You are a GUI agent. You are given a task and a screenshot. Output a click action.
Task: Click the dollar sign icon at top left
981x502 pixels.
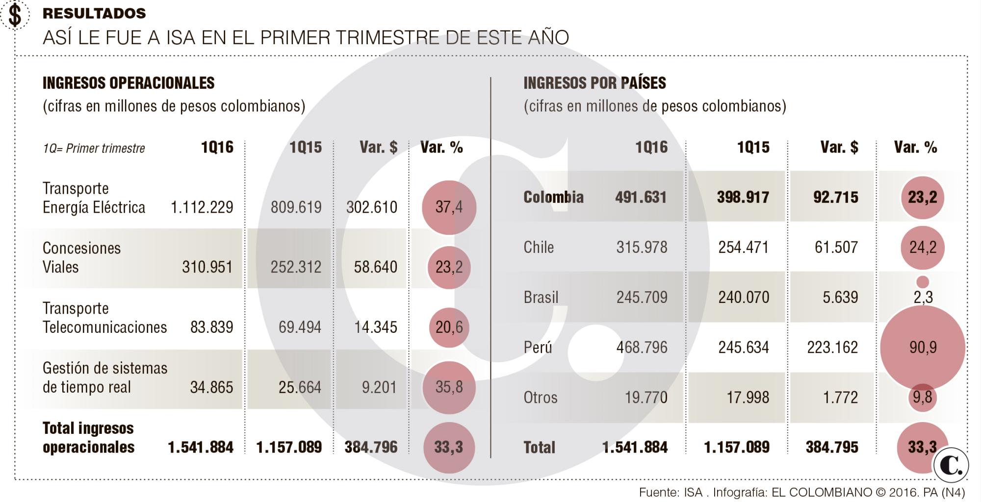(x=15, y=14)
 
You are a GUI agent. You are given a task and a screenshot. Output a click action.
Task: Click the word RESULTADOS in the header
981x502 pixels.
(x=94, y=13)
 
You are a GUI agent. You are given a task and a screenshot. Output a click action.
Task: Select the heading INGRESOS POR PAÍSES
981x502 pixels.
(x=594, y=83)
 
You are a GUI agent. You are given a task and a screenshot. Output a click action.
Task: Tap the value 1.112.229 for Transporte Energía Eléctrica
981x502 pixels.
(x=202, y=207)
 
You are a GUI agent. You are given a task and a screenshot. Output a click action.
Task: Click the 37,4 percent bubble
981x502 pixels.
(x=449, y=207)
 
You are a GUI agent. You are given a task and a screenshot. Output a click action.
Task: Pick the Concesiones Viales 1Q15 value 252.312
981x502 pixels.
(x=296, y=267)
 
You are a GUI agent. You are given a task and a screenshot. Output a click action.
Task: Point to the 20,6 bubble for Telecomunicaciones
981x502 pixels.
(x=449, y=327)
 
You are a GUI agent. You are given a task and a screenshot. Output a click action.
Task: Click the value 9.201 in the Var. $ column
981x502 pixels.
(x=379, y=387)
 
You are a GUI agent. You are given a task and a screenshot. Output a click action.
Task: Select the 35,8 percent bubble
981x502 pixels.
(x=449, y=387)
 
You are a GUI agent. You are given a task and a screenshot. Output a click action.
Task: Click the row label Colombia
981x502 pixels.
(x=553, y=197)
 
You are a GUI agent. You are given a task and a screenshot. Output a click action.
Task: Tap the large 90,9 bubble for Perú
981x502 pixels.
(x=923, y=347)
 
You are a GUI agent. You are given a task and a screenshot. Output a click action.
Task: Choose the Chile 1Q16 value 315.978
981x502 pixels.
(x=642, y=247)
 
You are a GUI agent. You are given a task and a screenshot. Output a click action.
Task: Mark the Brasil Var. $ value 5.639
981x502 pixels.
(x=840, y=297)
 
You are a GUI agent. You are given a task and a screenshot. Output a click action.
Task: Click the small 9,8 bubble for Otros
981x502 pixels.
(x=922, y=397)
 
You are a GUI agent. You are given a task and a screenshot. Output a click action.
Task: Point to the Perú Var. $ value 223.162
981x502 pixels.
(x=832, y=347)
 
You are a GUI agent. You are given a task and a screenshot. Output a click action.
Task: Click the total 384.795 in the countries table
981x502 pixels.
(x=832, y=447)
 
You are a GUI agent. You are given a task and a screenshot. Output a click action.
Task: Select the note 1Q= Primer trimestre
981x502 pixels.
(x=94, y=148)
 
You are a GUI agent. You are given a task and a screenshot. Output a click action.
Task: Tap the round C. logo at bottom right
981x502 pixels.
(x=951, y=465)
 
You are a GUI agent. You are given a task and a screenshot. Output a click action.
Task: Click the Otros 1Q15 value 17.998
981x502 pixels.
(x=748, y=397)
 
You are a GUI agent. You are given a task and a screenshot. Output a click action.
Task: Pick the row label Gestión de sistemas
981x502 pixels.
(x=105, y=368)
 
